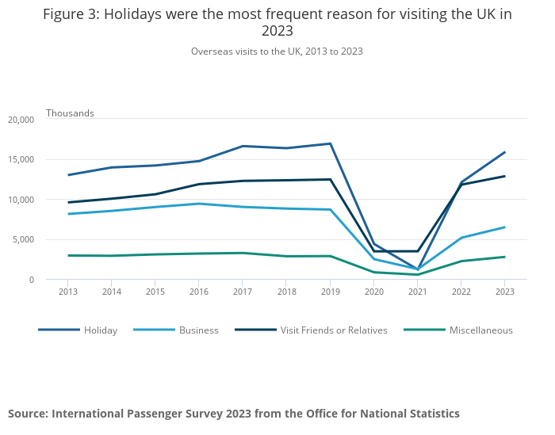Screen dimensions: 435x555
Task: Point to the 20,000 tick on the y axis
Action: point(21,120)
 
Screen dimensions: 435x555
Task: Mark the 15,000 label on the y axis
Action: point(21,159)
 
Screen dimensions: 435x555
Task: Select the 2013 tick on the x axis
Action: point(67,292)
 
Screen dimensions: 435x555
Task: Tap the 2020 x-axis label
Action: point(373,292)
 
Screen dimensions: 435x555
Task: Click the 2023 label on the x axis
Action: point(504,292)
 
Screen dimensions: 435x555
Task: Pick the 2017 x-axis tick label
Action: point(243,292)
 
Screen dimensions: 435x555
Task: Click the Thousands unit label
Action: point(70,113)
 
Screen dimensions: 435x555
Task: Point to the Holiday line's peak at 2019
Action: point(330,143)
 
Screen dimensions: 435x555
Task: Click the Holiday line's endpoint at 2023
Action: point(504,152)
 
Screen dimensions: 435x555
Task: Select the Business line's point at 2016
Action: point(199,204)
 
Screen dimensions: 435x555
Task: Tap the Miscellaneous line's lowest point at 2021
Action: point(417,275)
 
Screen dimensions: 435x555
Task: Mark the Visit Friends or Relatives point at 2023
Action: point(504,176)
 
